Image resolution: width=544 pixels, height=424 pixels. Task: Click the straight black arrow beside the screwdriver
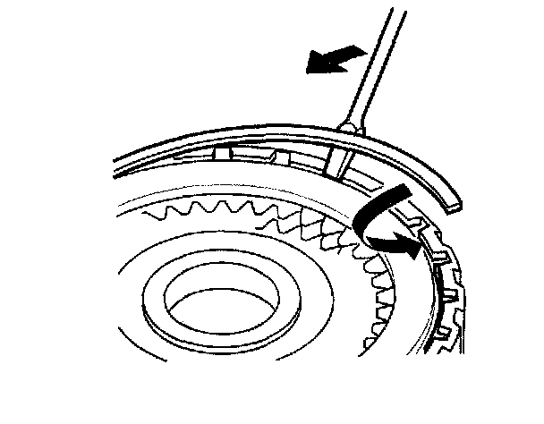pyautogui.click(x=333, y=61)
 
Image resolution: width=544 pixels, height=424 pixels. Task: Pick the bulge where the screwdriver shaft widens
pyautogui.click(x=349, y=131)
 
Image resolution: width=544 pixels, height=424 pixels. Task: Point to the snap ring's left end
pyautogui.click(x=117, y=166)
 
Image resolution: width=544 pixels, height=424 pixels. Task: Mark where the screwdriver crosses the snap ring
pyautogui.click(x=345, y=143)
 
